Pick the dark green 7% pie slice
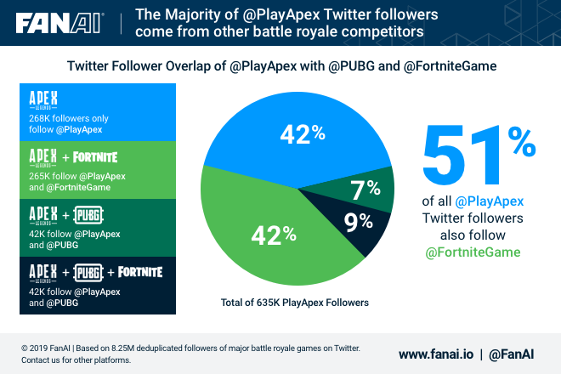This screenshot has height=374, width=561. [x=365, y=189]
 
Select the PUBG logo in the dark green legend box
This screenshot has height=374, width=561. [x=88, y=213]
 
